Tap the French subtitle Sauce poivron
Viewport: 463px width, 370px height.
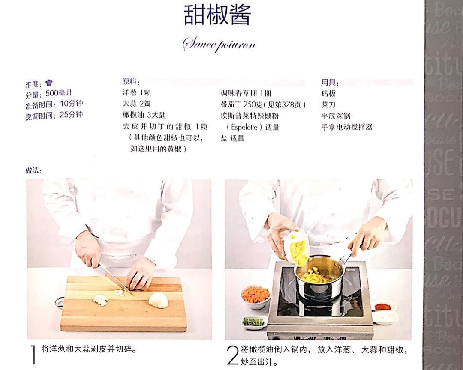tap(219, 44)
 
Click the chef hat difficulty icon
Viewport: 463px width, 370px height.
tap(49, 83)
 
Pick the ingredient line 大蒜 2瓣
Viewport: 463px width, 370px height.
tap(136, 104)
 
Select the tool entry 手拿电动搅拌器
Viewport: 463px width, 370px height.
tap(346, 127)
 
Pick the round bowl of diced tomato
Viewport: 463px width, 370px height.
tap(256, 295)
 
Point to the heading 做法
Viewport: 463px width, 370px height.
tap(33, 170)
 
